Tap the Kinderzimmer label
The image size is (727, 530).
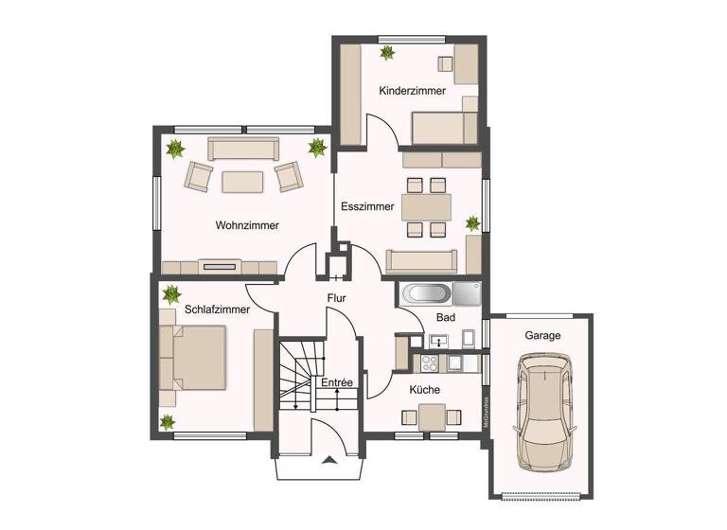[413, 91]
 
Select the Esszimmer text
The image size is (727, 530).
[367, 205]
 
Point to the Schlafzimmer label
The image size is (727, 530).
[218, 309]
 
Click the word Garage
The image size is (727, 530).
[542, 336]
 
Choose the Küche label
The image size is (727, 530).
[425, 389]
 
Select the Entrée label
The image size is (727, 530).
[336, 382]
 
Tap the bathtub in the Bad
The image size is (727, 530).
[424, 293]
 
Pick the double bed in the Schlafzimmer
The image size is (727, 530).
[196, 357]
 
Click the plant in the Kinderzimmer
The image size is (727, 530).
[387, 53]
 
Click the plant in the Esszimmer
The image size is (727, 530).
[473, 223]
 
